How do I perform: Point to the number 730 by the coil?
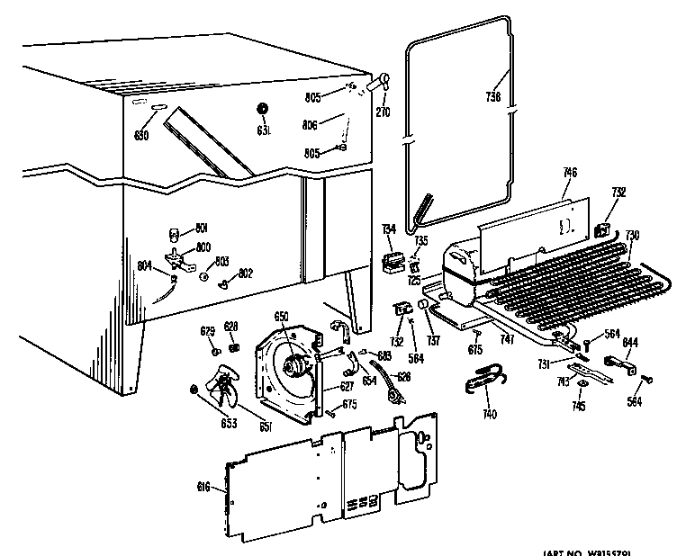(632, 235)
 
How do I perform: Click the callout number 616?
(204, 487)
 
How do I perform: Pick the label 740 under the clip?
(489, 415)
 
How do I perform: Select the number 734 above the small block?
(389, 230)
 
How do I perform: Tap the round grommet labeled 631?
(263, 109)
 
